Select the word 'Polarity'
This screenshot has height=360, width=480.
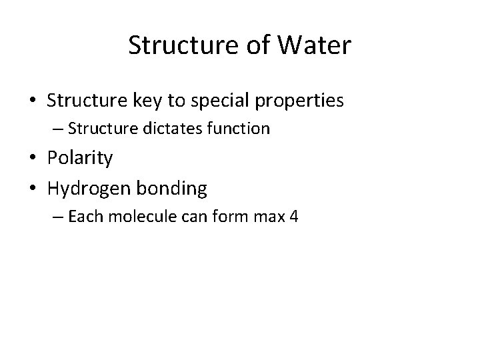[x=80, y=158]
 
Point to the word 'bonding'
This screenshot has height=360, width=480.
[x=173, y=189]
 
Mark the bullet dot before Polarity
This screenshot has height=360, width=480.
[x=33, y=159]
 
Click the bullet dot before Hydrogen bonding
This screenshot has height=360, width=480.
[x=33, y=189]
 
